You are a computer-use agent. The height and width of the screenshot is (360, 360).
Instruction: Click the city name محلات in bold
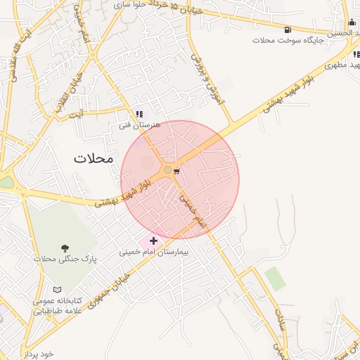[93, 158]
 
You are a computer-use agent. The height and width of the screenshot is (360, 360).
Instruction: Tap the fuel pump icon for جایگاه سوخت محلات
[288, 30]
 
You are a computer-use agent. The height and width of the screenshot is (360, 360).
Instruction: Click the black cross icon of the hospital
[154, 240]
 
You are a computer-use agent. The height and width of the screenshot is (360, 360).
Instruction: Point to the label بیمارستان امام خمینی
[154, 251]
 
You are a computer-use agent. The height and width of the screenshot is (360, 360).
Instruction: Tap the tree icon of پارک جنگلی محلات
[65, 248]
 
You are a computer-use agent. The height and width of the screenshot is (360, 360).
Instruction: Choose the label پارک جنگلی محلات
[65, 259]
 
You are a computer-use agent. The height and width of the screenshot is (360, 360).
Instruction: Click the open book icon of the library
[57, 289]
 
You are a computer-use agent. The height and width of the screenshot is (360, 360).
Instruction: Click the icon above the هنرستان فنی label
[139, 114]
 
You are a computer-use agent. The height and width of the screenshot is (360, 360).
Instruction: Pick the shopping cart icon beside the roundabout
[176, 170]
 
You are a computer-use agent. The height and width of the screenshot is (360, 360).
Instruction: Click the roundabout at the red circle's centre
[167, 170]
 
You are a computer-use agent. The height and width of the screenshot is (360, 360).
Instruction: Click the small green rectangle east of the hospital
[275, 278]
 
